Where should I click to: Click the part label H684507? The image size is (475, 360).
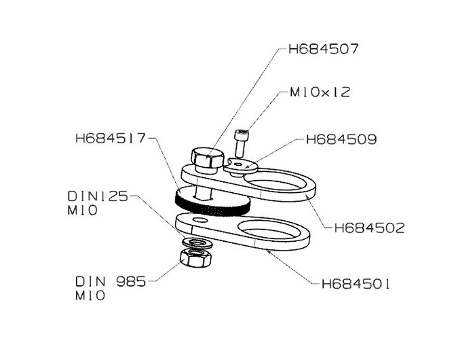tap(323, 49)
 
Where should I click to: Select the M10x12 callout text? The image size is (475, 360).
tap(320, 92)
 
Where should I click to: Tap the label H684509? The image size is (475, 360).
tap(341, 139)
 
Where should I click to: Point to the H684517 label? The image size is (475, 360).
tap(111, 139)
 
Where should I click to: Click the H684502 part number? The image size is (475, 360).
tap(369, 228)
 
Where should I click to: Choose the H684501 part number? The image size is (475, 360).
tap(356, 284)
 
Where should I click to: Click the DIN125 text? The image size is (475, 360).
tap(98, 196)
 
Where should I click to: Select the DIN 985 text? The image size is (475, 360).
tap(111, 282)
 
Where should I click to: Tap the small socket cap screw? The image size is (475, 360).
tap(241, 143)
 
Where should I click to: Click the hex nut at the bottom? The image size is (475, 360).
tap(195, 258)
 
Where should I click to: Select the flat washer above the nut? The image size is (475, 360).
tap(197, 242)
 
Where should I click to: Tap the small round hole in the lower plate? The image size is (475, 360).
tap(200, 219)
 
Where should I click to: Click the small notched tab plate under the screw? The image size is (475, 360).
tap(241, 166)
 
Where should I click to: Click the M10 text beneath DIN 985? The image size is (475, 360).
tap(90, 295)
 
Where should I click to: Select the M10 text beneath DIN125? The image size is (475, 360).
tap(82, 210)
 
